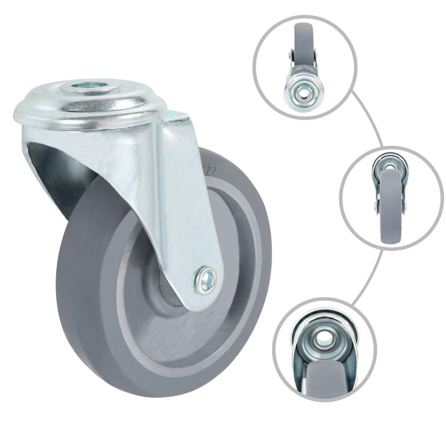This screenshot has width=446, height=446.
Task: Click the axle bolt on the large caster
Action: [205, 278]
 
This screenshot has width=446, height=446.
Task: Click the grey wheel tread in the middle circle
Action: [389, 217]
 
